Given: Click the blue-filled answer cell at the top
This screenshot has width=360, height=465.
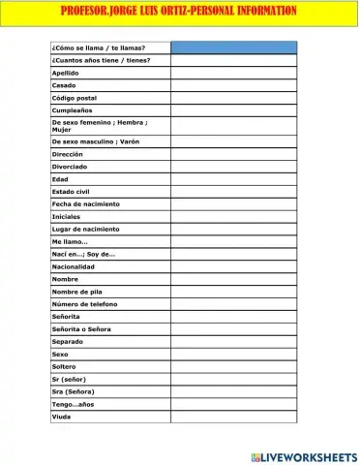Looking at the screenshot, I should point(233,47).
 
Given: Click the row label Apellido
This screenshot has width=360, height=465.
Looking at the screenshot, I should point(66,73).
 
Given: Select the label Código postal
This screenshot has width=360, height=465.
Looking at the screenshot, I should point(75,98).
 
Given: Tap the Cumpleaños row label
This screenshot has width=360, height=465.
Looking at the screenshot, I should point(72,110).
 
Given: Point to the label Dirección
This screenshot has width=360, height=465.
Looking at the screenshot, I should point(68,154).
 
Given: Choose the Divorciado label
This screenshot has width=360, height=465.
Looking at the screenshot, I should point(71,167).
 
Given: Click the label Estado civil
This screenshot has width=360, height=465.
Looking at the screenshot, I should point(72,192).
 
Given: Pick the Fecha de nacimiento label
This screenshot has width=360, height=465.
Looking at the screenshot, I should point(86,204).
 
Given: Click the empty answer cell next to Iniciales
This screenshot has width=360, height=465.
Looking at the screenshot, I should point(233,217).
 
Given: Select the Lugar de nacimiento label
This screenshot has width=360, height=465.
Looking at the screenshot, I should point(86,230).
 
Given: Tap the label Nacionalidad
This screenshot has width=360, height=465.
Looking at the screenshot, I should point(74,266).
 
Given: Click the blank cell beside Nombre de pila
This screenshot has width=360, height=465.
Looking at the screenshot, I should point(233,292).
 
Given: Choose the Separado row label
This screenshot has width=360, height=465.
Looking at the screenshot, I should point(69,342).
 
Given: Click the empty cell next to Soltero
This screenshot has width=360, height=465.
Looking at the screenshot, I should point(233,367).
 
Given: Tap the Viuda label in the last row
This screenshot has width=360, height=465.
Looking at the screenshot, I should point(61,417).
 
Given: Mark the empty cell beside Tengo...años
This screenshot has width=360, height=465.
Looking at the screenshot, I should point(233,404).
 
